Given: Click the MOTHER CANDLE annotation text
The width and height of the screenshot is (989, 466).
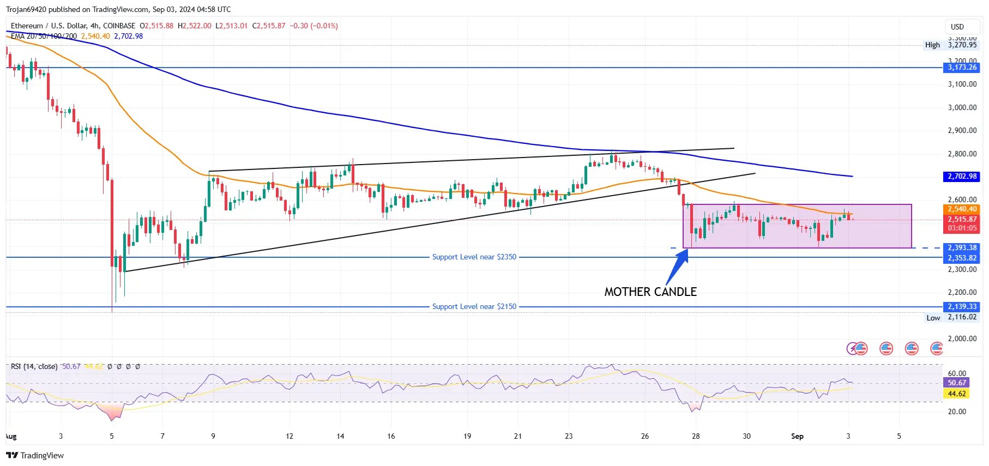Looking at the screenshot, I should pyautogui.click(x=650, y=292).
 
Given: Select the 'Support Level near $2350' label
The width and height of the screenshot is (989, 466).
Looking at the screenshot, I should pyautogui.click(x=474, y=257).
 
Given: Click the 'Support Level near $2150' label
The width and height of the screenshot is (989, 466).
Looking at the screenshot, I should pyautogui.click(x=474, y=307).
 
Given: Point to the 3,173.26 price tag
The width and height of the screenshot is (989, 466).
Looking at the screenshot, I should pyautogui.click(x=962, y=68).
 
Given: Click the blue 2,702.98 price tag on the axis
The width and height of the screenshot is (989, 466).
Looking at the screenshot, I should pyautogui.click(x=962, y=177).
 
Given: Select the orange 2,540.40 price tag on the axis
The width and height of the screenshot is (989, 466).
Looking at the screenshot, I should pyautogui.click(x=962, y=209).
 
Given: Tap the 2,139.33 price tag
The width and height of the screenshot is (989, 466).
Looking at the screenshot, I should pyautogui.click(x=962, y=307).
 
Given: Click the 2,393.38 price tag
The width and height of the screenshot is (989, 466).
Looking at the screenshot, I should pyautogui.click(x=962, y=248).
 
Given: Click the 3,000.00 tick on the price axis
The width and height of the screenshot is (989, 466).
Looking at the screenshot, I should pyautogui.click(x=962, y=107).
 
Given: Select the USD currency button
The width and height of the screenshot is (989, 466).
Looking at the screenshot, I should pyautogui.click(x=957, y=27).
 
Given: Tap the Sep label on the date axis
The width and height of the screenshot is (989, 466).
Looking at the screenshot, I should pyautogui.click(x=797, y=436).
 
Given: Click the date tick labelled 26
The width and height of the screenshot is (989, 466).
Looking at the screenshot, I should pyautogui.click(x=645, y=436).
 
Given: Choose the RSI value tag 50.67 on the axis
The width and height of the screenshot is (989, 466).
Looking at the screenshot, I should pyautogui.click(x=957, y=383).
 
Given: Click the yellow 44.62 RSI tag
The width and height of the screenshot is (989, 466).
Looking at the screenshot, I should pyautogui.click(x=957, y=394).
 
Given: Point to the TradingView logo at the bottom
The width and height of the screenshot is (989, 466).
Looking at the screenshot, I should pyautogui.click(x=35, y=456).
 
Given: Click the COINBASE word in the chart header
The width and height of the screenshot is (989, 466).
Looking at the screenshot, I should pyautogui.click(x=119, y=26).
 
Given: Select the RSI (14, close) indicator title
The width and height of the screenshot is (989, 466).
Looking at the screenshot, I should pyautogui.click(x=34, y=367).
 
